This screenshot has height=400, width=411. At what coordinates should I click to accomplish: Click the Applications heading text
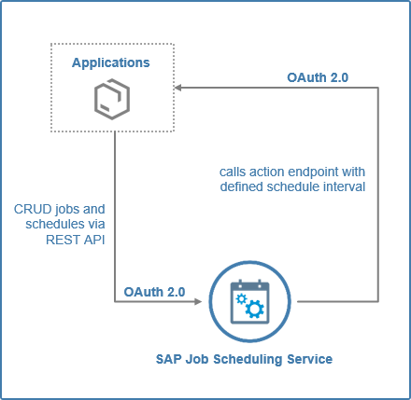click(x=111, y=63)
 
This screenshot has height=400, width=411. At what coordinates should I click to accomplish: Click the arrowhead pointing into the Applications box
click(x=178, y=88)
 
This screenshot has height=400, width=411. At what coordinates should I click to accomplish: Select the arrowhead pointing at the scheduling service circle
click(x=198, y=301)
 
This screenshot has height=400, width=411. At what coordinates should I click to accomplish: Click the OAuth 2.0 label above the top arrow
click(x=318, y=77)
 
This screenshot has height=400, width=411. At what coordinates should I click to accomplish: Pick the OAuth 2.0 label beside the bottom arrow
click(x=154, y=292)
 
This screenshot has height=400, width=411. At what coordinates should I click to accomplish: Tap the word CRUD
click(x=33, y=209)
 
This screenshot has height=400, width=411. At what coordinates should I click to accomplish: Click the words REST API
click(x=76, y=240)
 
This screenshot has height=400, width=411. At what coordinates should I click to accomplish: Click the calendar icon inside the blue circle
click(x=249, y=302)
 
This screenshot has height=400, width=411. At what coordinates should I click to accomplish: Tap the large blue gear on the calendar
click(x=255, y=309)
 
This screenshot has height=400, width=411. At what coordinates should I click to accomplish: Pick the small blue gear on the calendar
click(x=241, y=299)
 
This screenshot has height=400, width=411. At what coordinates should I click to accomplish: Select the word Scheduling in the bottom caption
click(x=248, y=360)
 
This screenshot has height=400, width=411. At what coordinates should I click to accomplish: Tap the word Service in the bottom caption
click(x=310, y=359)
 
